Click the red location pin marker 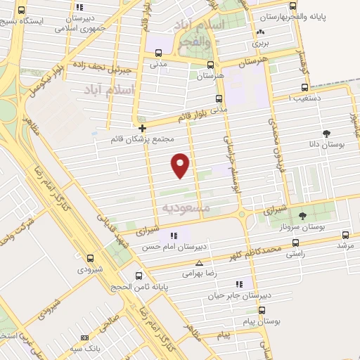tap(181, 165)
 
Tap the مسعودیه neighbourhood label tap(186, 208)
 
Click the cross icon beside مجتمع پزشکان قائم tap(143, 128)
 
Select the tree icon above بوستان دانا tap(326, 133)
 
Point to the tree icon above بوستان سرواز tap(302, 216)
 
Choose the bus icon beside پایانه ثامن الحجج tap(139, 276)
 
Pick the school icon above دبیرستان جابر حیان tap(239, 284)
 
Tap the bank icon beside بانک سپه tap(75, 348)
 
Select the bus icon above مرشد tap(345, 235)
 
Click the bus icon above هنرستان tap(209, 64)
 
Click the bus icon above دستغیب tap(304, 87)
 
